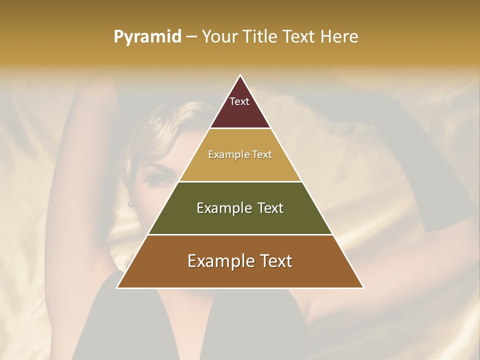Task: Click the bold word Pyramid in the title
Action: tap(147, 37)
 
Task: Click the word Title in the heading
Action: tap(260, 37)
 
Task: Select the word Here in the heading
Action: tap(339, 37)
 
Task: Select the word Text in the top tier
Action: tap(239, 101)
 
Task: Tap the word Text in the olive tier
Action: tap(268, 208)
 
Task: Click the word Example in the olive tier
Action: tap(223, 208)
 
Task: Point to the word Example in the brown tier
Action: tap(220, 261)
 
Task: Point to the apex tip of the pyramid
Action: tap(240, 75)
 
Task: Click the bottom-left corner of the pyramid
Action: tap(117, 287)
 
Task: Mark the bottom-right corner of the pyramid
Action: tap(363, 287)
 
